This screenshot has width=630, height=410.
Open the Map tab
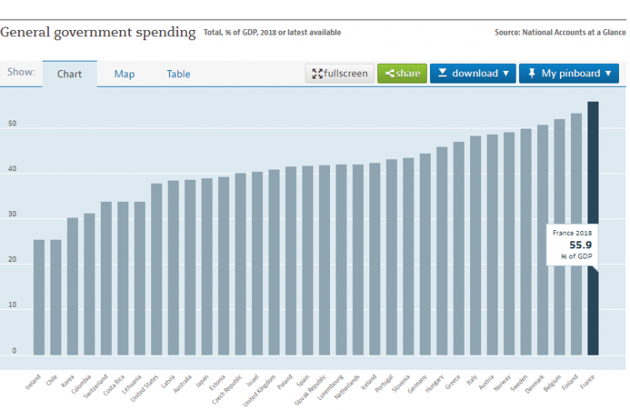[x=124, y=74]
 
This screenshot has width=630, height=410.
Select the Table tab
[x=178, y=74]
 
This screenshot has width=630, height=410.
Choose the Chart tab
[x=69, y=74]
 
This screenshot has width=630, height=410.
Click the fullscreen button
[x=339, y=73]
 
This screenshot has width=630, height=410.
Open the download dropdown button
[x=472, y=73]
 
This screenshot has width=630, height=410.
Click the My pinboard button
[x=569, y=73]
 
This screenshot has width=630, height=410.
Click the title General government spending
[x=98, y=32]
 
